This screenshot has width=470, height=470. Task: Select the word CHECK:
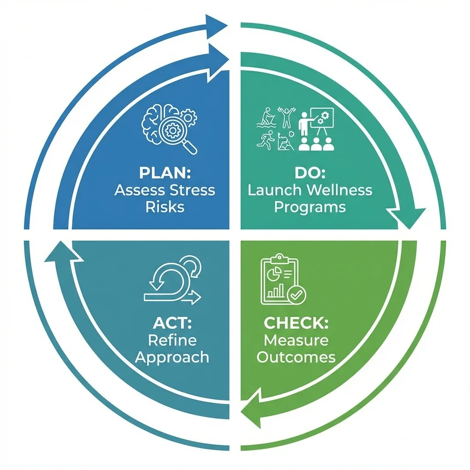(x=296, y=323)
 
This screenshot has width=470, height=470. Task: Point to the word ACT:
(x=172, y=323)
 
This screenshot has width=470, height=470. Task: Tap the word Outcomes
(x=296, y=357)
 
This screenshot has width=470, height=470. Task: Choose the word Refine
(x=172, y=340)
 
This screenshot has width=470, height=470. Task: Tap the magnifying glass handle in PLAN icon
(x=190, y=147)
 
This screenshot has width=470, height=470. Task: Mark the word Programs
(x=310, y=207)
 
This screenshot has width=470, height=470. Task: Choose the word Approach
(x=172, y=357)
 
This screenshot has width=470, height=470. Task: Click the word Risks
(x=165, y=207)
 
